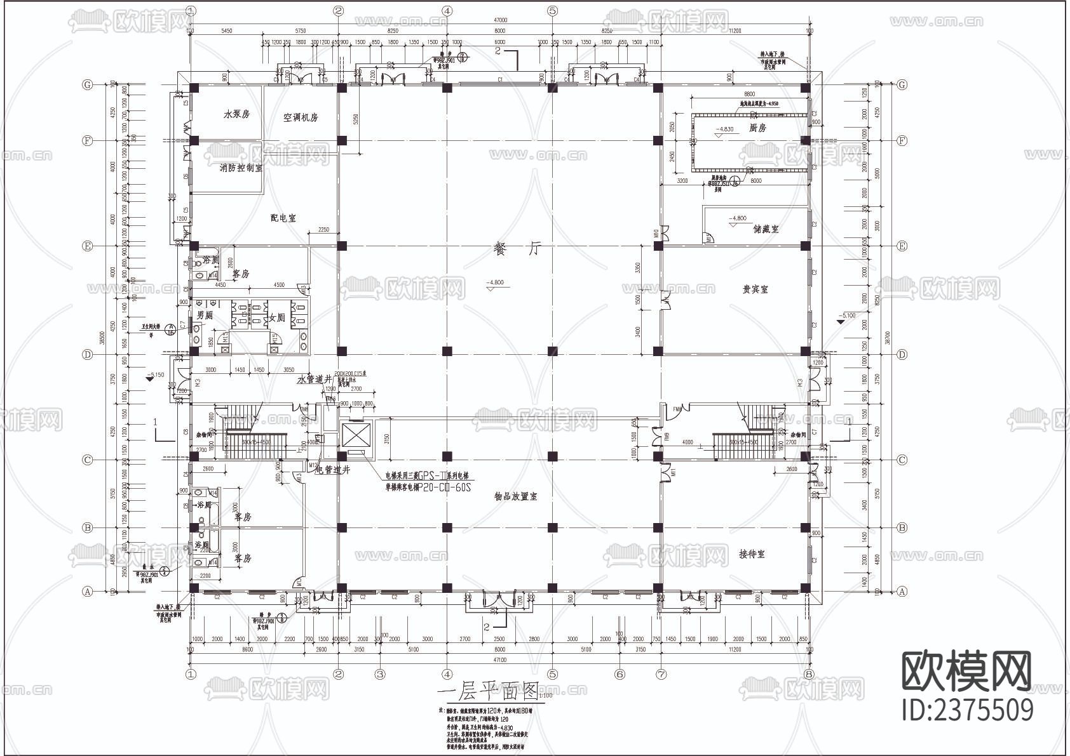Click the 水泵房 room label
(236, 114)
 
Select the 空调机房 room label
(300, 117)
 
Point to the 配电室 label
(283, 218)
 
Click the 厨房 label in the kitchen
(757, 128)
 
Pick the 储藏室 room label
(766, 229)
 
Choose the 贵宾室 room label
(755, 289)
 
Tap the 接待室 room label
(752, 554)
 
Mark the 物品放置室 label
(515, 496)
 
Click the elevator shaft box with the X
(355, 435)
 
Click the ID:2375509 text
(968, 709)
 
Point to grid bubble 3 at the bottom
(380, 674)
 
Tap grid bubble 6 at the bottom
(620, 674)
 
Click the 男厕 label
(204, 315)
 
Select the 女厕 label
(278, 317)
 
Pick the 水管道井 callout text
(315, 380)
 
